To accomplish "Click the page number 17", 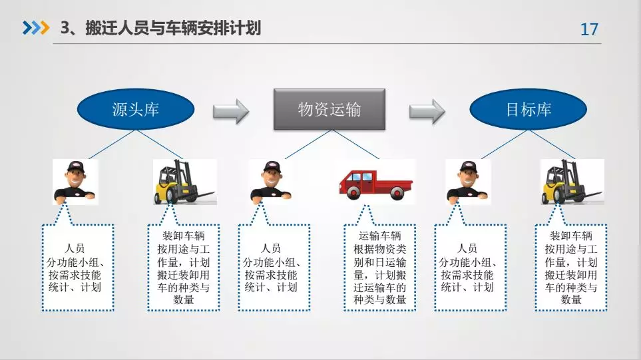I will click(x=589, y=30).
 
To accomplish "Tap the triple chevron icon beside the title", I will click(x=35, y=28).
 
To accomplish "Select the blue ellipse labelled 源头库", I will click(x=136, y=109).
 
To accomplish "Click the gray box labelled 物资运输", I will click(x=329, y=108).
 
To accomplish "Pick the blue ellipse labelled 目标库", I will click(x=529, y=109).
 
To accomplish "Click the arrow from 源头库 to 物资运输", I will click(x=230, y=111).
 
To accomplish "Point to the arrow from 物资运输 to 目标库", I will click(x=427, y=111).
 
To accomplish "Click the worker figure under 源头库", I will click(x=75, y=181).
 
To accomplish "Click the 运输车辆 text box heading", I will click(x=379, y=236).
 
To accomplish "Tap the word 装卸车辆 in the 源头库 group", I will click(x=183, y=236).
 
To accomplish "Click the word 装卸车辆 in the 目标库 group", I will click(x=570, y=236).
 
